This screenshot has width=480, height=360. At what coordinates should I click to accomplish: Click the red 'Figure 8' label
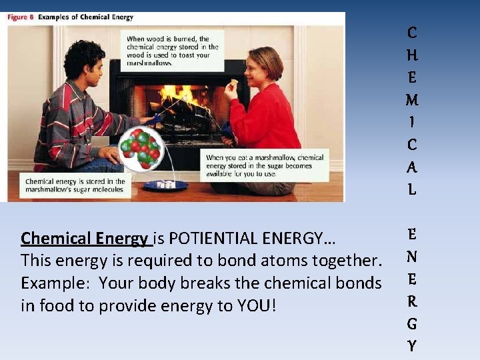(21, 17)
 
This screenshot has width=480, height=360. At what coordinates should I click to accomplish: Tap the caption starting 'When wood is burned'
(173, 51)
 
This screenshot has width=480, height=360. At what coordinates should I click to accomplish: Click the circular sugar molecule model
(140, 148)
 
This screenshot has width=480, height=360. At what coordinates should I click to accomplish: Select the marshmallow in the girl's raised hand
(234, 83)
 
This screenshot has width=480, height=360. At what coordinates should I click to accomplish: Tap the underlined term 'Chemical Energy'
(85, 238)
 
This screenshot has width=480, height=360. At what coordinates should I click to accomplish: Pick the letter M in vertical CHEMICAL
(412, 101)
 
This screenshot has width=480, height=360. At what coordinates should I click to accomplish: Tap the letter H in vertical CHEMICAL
(412, 55)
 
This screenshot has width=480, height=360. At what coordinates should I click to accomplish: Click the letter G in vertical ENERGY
(412, 324)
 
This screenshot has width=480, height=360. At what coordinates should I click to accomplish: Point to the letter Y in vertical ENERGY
(412, 346)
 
